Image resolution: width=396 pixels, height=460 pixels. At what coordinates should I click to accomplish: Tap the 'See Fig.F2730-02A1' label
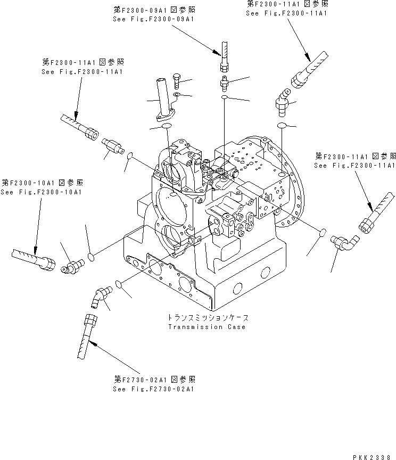click(x=154, y=389)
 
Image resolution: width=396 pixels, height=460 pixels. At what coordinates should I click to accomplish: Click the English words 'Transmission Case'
click(x=207, y=326)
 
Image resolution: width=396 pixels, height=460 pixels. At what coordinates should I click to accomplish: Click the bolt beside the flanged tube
click(x=178, y=81)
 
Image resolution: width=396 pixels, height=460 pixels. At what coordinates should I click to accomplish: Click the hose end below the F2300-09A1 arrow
click(x=225, y=59)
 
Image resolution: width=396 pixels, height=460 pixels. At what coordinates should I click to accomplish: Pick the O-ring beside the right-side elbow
click(x=321, y=233)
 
